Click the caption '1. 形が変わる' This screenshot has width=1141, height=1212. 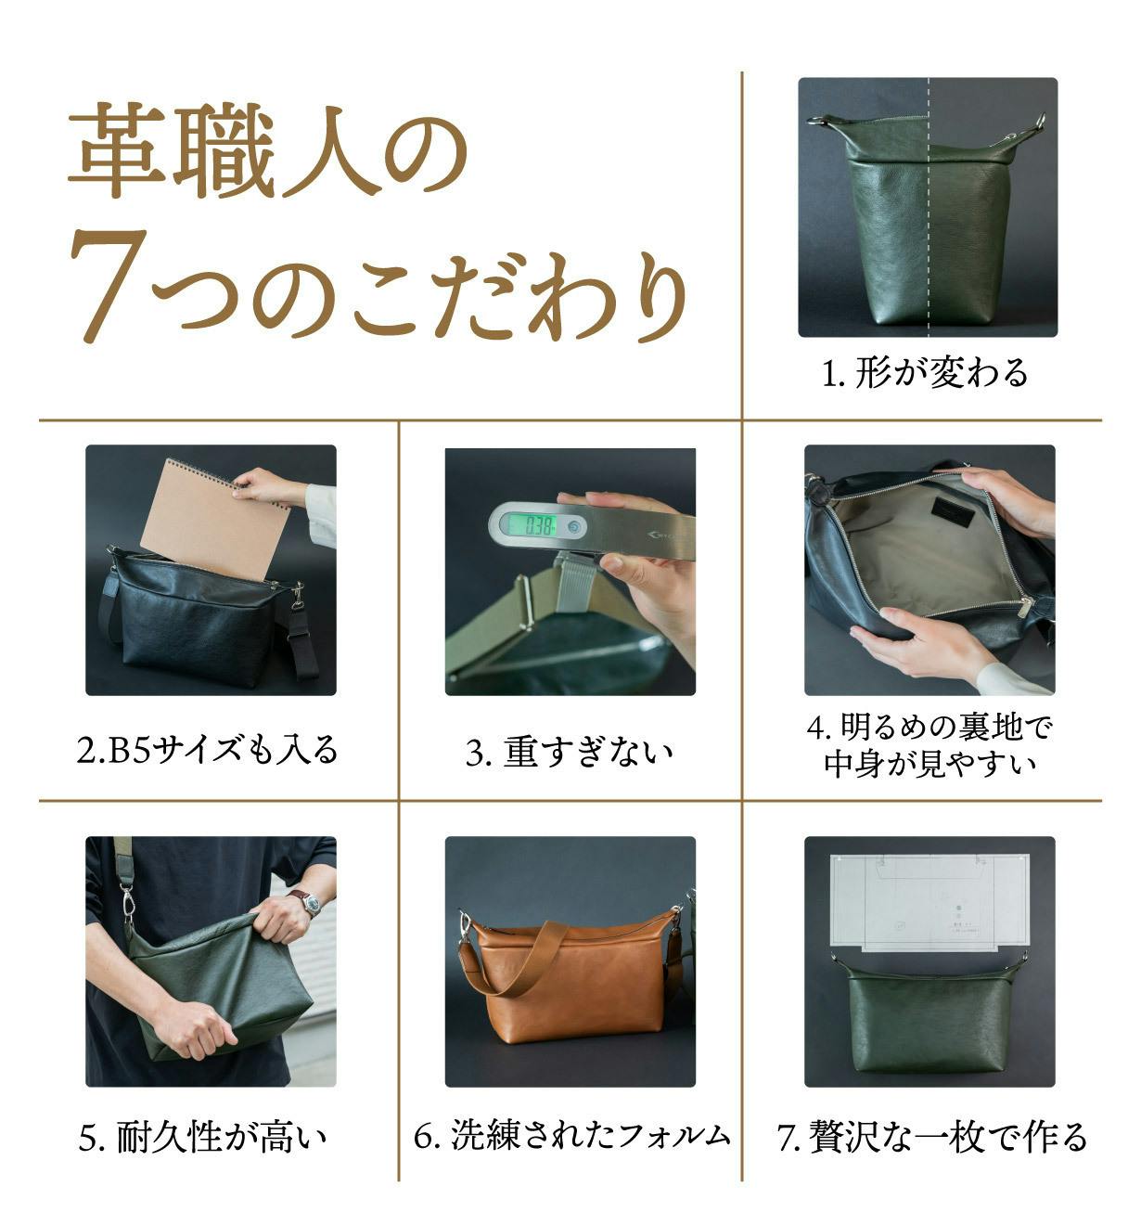924,373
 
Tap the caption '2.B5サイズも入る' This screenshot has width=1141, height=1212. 208,750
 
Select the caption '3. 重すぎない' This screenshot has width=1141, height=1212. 570,752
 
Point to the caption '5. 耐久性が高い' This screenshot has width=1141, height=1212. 202,1136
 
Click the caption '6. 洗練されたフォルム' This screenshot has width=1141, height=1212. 571,1135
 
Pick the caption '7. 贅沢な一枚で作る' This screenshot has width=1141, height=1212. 931,1136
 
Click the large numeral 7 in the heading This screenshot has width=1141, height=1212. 109,286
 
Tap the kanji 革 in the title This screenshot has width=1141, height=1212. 116,149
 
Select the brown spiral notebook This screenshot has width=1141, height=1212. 215,520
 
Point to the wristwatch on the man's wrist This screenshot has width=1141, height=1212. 309,903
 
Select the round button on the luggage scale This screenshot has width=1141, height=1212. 573,527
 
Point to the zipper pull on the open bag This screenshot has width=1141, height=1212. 1027,607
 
